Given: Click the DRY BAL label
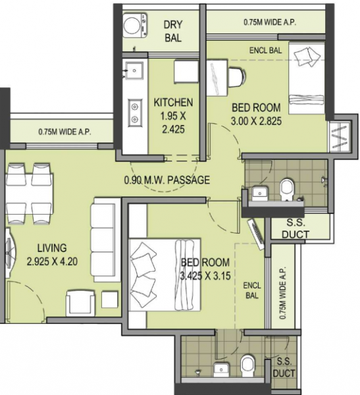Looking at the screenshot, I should pos(172,31).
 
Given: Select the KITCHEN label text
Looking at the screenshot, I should pos(173,102).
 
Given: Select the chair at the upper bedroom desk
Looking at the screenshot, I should pos(238,77).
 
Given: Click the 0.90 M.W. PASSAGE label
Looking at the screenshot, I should pos(167,179).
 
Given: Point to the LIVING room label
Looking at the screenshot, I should pos(51,248).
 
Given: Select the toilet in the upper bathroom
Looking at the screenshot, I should pos(288,190).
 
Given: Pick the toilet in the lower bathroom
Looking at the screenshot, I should pos(248,363).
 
